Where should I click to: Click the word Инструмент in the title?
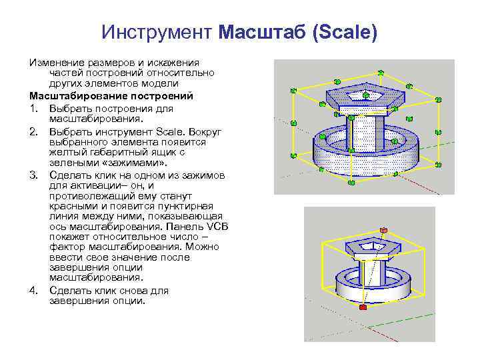[x=157, y=31]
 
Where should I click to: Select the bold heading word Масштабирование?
[x=79, y=96]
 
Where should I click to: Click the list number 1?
[x=33, y=107]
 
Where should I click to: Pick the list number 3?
[x=33, y=175]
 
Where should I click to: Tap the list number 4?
[x=33, y=291]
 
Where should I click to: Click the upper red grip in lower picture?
[x=383, y=231]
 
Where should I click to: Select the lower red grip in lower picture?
[x=362, y=307]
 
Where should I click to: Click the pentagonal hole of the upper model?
[x=363, y=94]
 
